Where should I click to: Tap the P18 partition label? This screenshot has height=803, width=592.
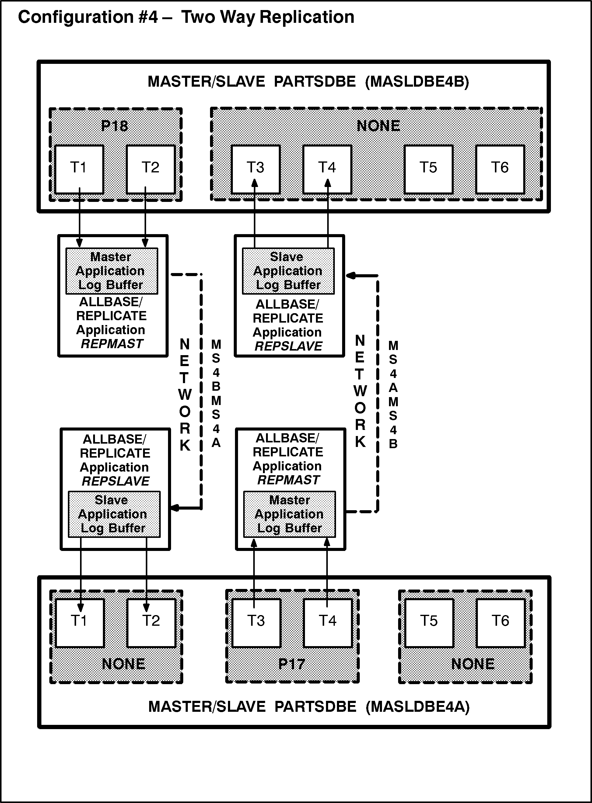114,126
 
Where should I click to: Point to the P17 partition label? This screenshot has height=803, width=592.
292,664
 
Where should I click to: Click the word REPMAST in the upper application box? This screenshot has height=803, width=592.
112,344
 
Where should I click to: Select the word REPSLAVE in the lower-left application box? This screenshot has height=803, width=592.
115,481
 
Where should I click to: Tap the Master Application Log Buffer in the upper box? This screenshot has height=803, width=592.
111,271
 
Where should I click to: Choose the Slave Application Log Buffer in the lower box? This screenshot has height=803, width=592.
114,514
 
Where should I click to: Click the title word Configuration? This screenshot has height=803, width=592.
75,17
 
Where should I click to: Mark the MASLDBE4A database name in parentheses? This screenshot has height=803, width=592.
418,706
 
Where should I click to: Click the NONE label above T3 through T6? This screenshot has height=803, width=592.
378,126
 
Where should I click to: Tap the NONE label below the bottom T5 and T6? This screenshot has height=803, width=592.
473,664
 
